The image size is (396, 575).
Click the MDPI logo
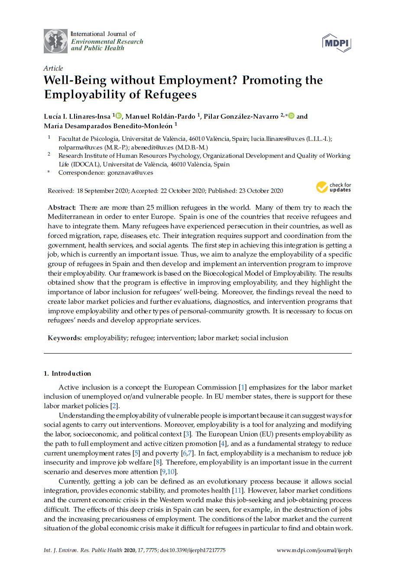336,43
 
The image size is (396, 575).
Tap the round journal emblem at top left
55,41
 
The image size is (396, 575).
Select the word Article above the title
53,68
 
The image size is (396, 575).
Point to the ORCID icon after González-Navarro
291,116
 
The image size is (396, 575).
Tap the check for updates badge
334,187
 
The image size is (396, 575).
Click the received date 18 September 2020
102,191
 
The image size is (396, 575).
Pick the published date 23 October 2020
259,191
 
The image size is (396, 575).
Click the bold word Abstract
62,208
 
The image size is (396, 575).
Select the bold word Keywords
65,338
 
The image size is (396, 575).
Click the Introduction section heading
71,374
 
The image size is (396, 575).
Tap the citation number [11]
237,491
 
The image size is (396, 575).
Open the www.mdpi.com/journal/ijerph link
314,550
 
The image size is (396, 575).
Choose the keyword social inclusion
264,338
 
